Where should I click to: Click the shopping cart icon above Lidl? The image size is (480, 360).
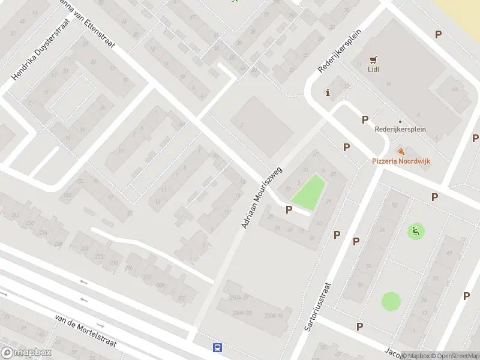[x=374, y=59]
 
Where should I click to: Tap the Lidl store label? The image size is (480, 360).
[x=374, y=69]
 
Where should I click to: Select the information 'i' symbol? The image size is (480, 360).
[x=328, y=92]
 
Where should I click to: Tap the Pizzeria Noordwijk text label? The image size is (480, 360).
[x=404, y=161]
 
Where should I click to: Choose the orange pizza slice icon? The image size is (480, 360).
[x=401, y=152]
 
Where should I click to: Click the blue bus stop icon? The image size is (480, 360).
[x=218, y=347]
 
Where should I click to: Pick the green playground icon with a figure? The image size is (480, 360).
[x=415, y=230]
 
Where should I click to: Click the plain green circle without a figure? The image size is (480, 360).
[x=391, y=301]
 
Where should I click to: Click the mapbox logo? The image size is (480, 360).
[x=26, y=353]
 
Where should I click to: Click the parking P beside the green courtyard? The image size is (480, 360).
[x=289, y=209]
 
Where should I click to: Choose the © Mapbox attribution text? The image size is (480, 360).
[x=416, y=356]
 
